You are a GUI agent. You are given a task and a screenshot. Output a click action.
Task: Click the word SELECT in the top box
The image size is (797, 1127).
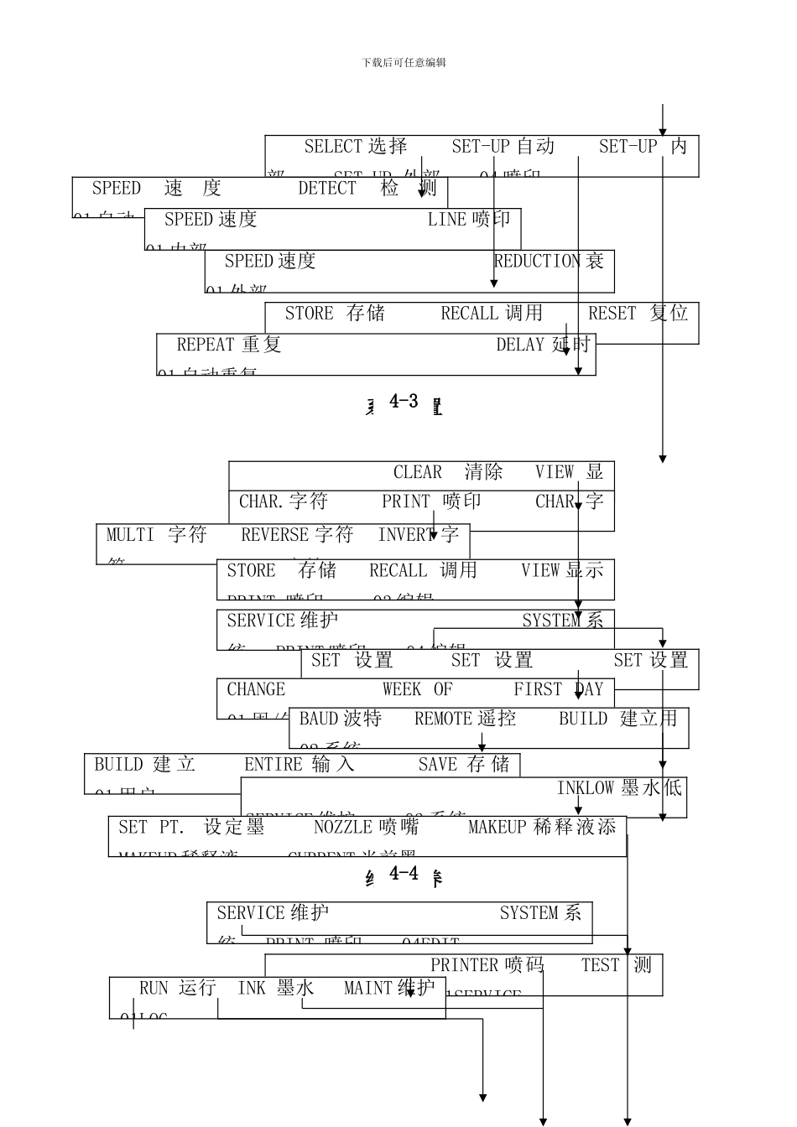point(333,147)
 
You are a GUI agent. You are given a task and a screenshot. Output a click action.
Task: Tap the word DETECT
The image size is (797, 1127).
point(327,189)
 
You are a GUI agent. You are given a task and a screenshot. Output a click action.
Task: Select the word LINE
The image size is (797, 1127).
point(446,220)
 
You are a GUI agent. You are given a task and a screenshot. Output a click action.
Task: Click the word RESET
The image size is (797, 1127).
point(612,314)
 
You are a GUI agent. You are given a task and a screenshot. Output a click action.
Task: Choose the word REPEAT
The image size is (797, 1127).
point(206,345)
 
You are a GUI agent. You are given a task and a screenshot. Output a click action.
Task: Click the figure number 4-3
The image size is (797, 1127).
point(404,402)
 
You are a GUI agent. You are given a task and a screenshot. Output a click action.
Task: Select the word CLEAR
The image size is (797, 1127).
point(418,472)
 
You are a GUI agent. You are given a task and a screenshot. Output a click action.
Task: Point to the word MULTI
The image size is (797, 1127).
point(130,535)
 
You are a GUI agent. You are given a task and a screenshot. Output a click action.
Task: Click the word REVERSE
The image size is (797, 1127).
point(274,535)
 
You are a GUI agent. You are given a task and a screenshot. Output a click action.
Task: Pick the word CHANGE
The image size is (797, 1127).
point(256,689)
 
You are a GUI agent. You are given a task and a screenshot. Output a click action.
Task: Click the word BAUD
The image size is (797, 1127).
point(319,719)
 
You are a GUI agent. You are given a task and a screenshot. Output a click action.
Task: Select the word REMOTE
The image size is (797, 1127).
point(444,719)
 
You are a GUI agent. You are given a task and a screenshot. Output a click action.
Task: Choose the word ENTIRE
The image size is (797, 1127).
point(273,765)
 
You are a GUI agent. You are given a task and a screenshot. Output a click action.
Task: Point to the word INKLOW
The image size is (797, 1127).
point(586,788)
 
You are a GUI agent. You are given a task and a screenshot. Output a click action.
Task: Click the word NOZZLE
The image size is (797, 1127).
point(342,828)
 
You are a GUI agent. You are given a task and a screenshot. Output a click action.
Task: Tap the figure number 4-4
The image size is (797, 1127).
point(404,874)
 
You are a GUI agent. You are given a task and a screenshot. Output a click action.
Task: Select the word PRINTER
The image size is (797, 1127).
point(464,965)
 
